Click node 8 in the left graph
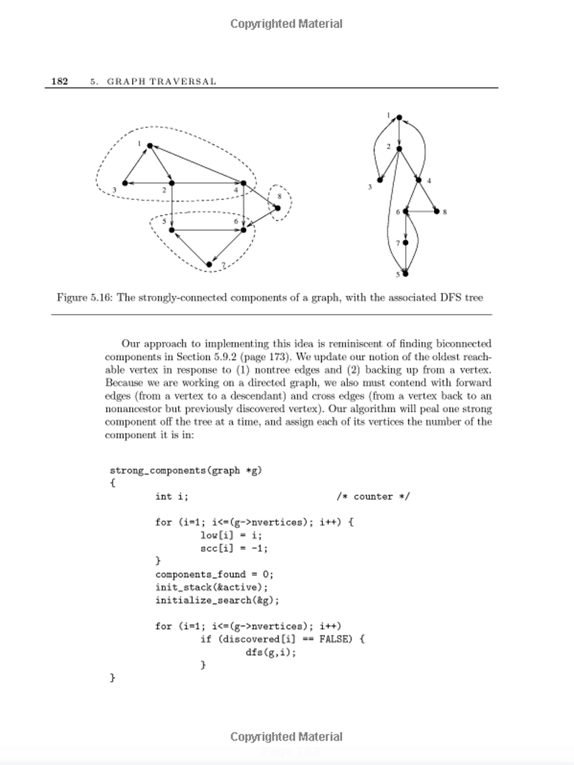tap(277, 208)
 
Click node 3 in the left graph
tap(125, 183)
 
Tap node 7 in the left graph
tap(210, 265)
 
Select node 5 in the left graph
tap(172, 229)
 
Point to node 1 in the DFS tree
tap(398, 118)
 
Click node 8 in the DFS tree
tap(437, 212)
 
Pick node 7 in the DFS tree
tap(405, 243)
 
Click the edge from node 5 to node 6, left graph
tap(208, 229)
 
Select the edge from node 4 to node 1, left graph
tap(197, 165)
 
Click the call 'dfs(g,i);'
tap(270, 652)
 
